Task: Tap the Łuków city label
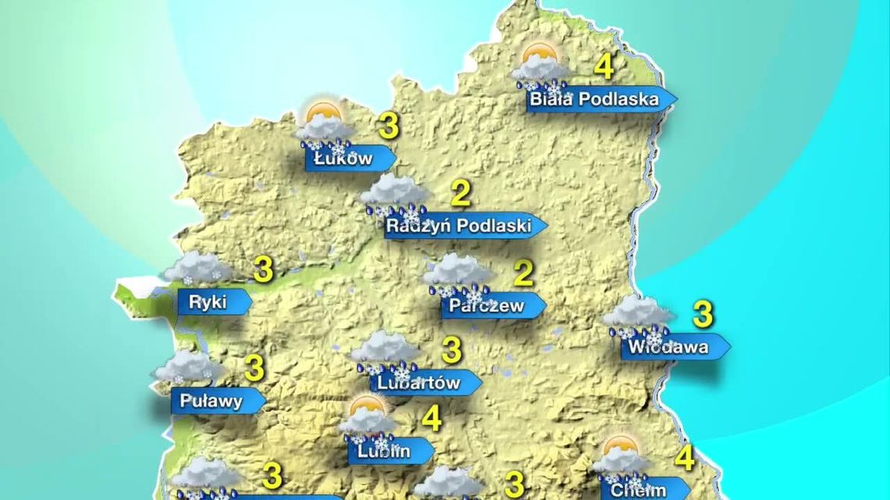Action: coord(344,159)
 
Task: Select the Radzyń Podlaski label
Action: coord(459,226)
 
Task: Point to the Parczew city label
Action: coord(486,306)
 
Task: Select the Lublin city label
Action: coord(385,451)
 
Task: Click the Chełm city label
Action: coord(639,490)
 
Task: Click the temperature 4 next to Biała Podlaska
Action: coord(603,66)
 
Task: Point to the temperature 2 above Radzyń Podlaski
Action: coord(461,193)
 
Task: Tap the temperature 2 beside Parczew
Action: coord(524,273)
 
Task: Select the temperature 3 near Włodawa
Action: coord(703,314)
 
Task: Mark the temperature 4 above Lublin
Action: coord(432,419)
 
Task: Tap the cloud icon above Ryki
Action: coord(196,268)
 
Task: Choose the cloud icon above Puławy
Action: coord(187,366)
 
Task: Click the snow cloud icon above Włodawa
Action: coord(639,316)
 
